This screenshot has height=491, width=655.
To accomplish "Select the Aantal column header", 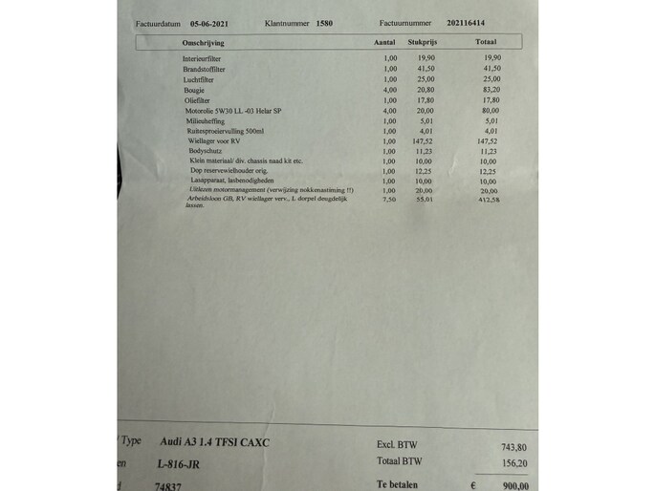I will coord(384,43).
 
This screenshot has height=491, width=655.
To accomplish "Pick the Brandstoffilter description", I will coord(206,69).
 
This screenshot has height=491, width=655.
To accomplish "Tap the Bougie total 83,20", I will coord(491,90).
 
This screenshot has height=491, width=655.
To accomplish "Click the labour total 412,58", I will coord(491,202).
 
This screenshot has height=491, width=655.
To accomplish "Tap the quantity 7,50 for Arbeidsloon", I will coord(388,202).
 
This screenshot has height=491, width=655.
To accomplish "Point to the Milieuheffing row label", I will coord(205,120).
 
